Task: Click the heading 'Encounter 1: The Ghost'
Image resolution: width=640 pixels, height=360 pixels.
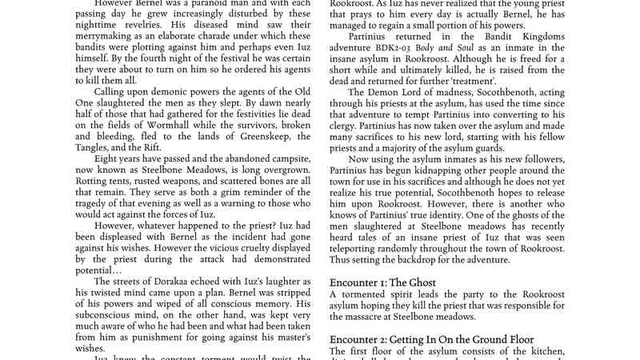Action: tap(383, 282)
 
